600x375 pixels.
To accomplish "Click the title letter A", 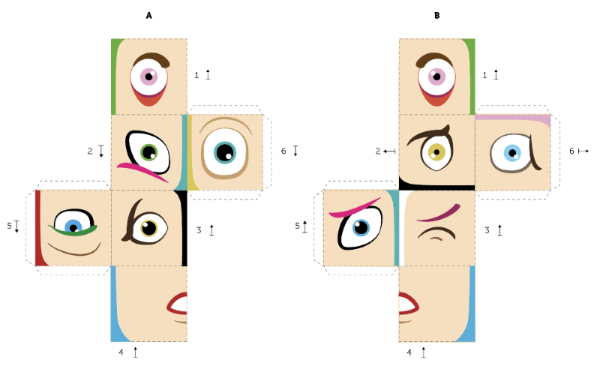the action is [148, 16].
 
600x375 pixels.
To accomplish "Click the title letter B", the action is [437, 16].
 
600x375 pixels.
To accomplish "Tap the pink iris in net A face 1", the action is [148, 76].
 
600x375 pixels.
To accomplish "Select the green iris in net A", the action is [149, 152].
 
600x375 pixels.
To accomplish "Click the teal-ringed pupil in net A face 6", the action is [225, 152].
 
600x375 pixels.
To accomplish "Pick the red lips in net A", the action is [178, 304].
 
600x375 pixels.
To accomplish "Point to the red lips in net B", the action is [409, 304].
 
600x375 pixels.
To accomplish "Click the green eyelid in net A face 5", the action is [73, 230].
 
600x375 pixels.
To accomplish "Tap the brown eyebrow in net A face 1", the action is [151, 59].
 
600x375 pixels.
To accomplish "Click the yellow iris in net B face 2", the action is [436, 152].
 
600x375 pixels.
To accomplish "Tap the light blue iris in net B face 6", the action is [512, 153].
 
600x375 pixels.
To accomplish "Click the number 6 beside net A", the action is [283, 151].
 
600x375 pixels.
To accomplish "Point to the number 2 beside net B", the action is [378, 151].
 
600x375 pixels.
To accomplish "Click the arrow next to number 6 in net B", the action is [583, 151].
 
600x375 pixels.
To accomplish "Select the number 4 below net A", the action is [121, 352].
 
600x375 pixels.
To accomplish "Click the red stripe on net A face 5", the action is [40, 228].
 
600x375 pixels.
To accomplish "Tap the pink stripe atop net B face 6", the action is [513, 119].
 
